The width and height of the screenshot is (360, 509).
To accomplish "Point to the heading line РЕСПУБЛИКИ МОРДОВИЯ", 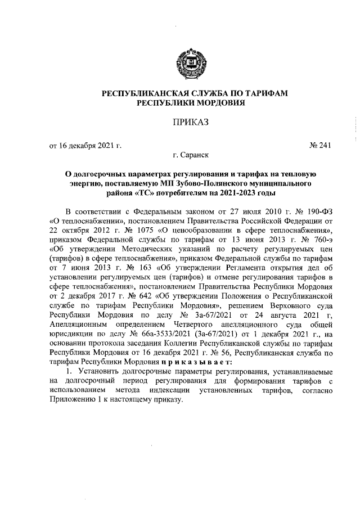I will (x=180, y=103).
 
